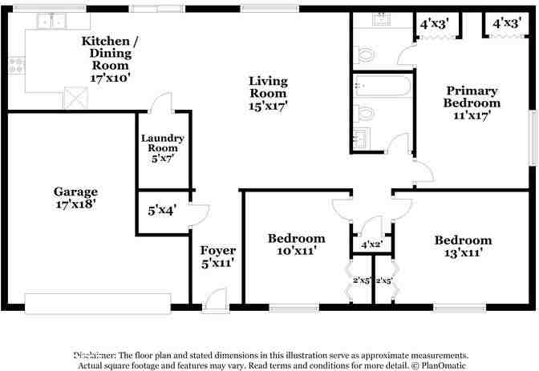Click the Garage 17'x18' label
click(75, 198)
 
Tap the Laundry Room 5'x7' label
click(162, 148)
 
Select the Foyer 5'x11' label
click(217, 256)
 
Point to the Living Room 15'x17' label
click(268, 93)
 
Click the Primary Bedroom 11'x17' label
click(472, 103)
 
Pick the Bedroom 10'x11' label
click(296, 244)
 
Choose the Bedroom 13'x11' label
click(463, 246)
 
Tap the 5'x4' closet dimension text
click(162, 212)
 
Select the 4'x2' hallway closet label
click(371, 244)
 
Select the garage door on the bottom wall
click(97, 303)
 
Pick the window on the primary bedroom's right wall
click(532, 138)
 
